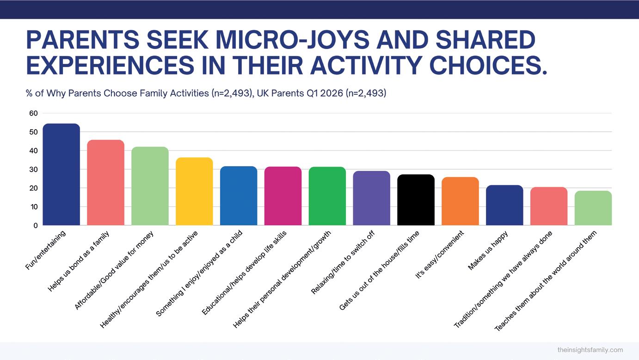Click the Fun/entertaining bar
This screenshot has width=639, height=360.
(61, 174)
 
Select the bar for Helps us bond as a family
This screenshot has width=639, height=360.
(105, 182)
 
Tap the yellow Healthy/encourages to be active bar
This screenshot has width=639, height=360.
(194, 191)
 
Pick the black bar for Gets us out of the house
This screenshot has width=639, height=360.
(416, 200)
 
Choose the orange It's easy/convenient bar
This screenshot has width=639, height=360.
(460, 201)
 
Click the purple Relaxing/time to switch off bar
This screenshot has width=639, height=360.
(371, 198)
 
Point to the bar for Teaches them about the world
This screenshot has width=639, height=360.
(593, 208)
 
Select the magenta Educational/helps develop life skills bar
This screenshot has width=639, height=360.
(283, 196)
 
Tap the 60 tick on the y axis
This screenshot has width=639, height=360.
(33, 113)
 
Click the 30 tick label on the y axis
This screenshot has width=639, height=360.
(33, 169)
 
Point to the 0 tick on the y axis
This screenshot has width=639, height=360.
(36, 225)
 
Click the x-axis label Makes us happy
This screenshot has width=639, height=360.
(488, 250)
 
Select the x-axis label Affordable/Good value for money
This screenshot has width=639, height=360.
(114, 270)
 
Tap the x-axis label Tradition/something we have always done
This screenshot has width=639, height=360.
(503, 279)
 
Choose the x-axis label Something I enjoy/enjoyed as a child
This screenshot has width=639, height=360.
(199, 273)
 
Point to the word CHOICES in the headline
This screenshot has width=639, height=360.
(488, 65)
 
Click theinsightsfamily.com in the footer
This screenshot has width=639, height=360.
(590, 350)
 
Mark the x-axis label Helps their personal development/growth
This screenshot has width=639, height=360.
(282, 279)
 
